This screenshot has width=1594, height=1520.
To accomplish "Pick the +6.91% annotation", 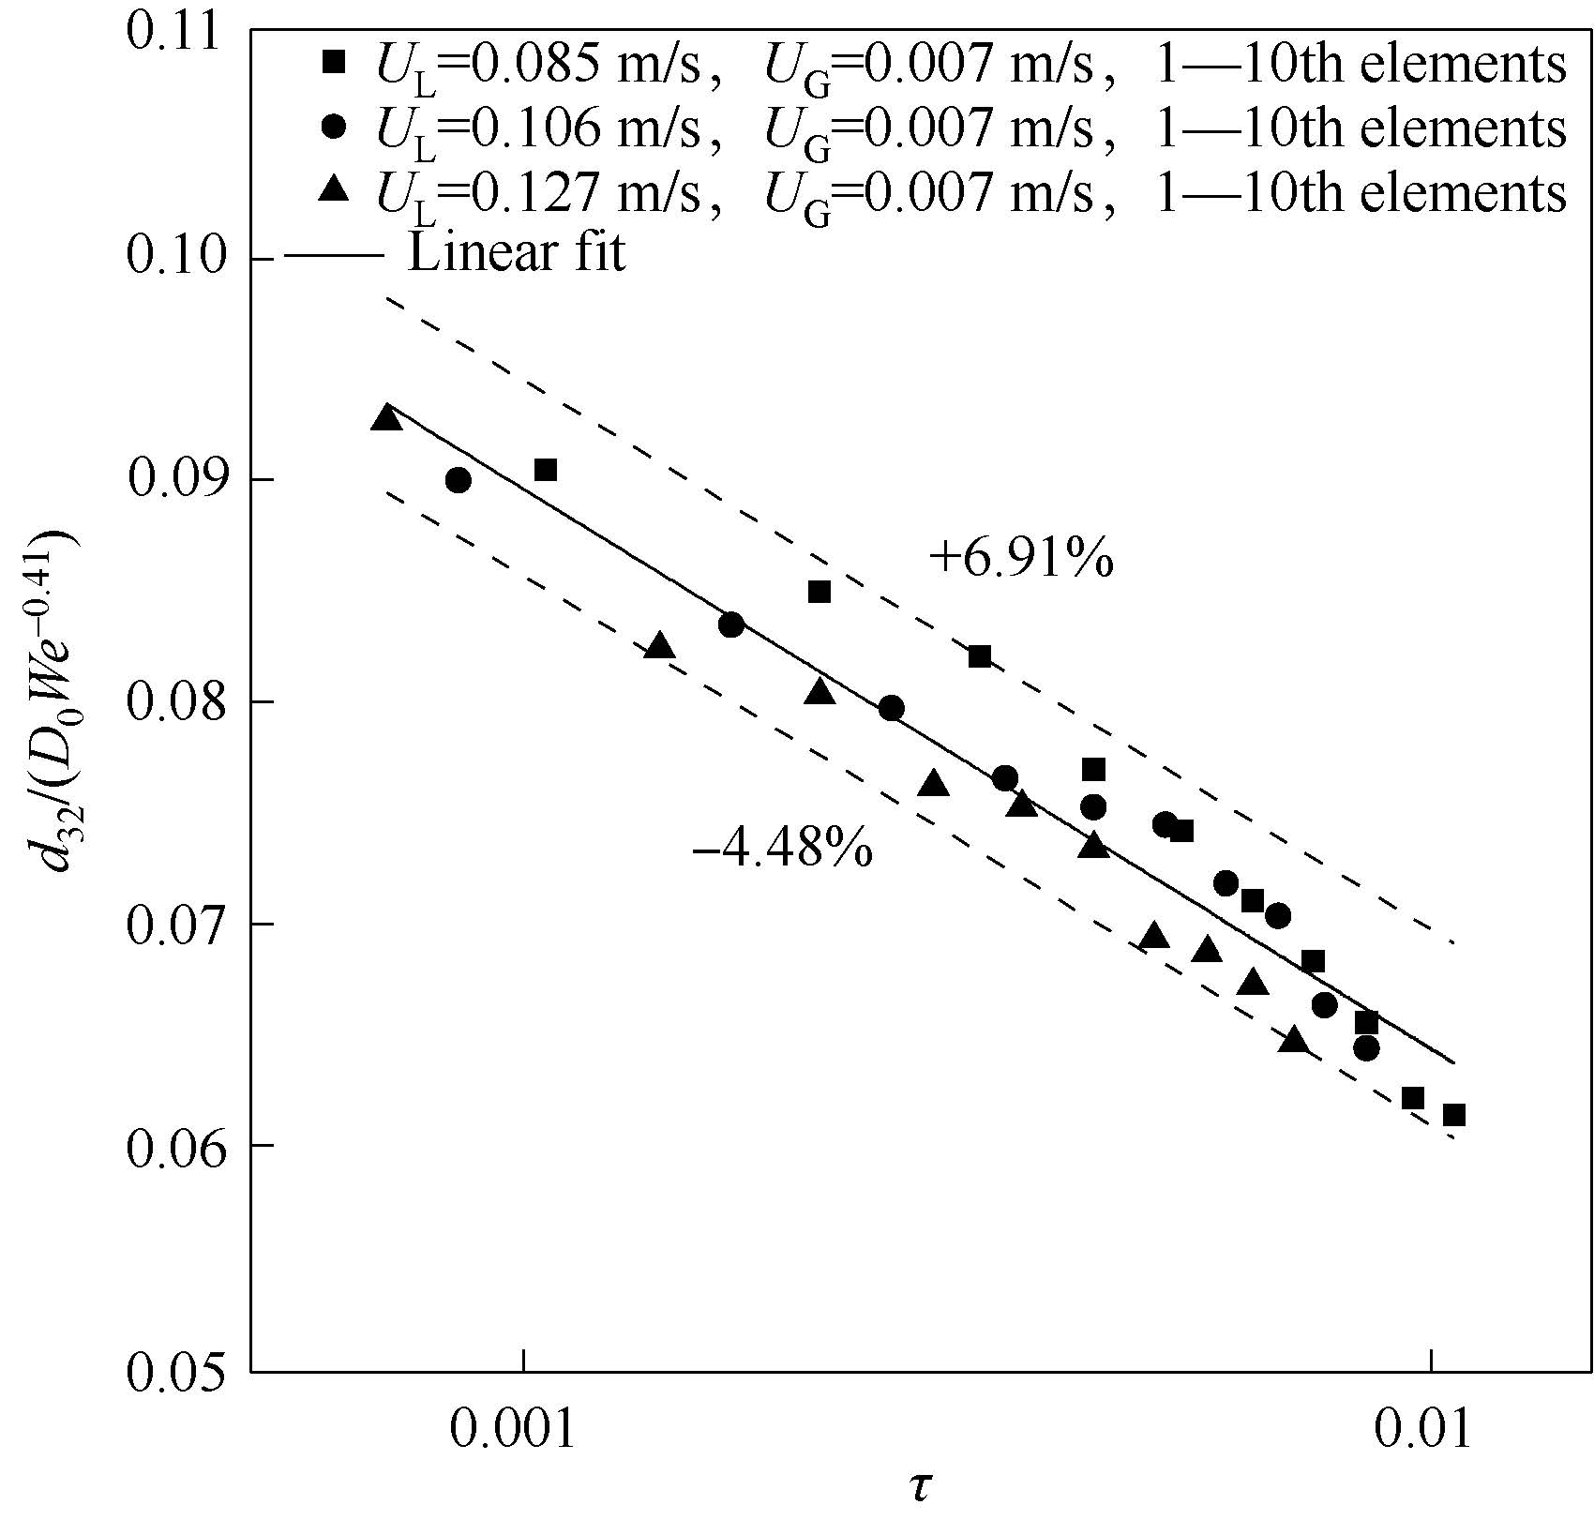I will (x=1021, y=560).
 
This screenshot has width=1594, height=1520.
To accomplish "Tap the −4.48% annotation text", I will (x=782, y=850).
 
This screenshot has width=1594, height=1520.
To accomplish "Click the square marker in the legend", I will (x=334, y=63).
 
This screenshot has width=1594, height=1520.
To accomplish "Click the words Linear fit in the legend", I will (x=516, y=254).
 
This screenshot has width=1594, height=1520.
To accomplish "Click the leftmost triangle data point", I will (x=386, y=418).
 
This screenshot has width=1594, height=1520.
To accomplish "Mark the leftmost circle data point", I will (x=459, y=480).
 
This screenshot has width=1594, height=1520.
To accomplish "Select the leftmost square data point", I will (x=546, y=470).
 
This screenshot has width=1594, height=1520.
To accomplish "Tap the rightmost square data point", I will (x=1454, y=1115).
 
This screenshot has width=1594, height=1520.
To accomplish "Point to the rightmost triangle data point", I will (x=1294, y=1040).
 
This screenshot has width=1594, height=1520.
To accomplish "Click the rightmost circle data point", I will (x=1367, y=1048).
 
